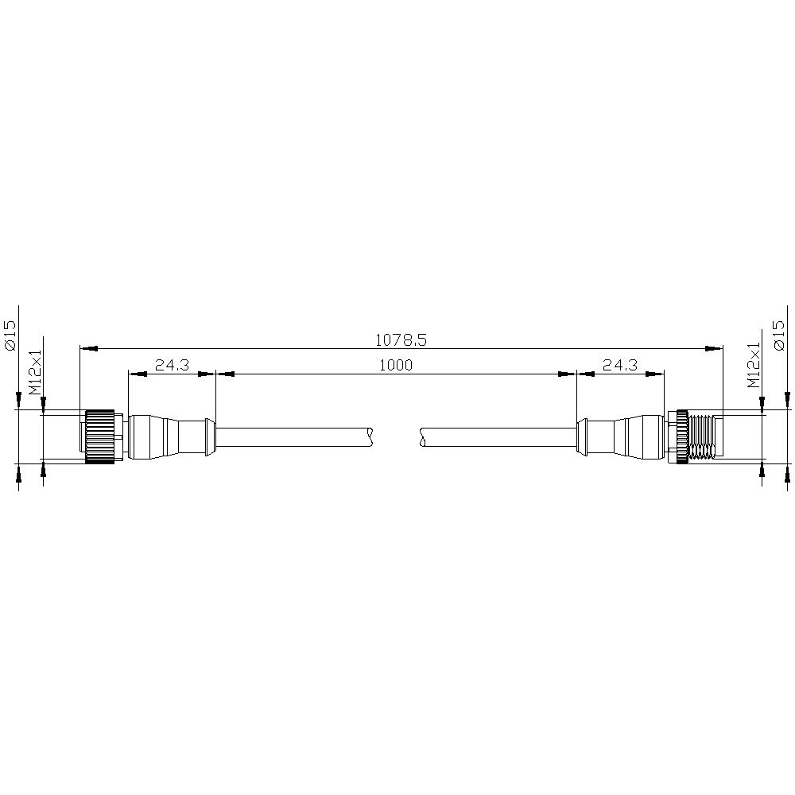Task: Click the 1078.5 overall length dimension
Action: (401, 339)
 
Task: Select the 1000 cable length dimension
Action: (396, 365)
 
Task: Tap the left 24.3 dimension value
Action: (172, 365)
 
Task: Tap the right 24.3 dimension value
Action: (620, 365)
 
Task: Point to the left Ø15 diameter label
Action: (10, 335)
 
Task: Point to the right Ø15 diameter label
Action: (779, 335)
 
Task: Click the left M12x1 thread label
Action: (35, 371)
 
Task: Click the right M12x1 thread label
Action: (754, 365)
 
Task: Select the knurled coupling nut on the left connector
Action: (100, 436)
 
